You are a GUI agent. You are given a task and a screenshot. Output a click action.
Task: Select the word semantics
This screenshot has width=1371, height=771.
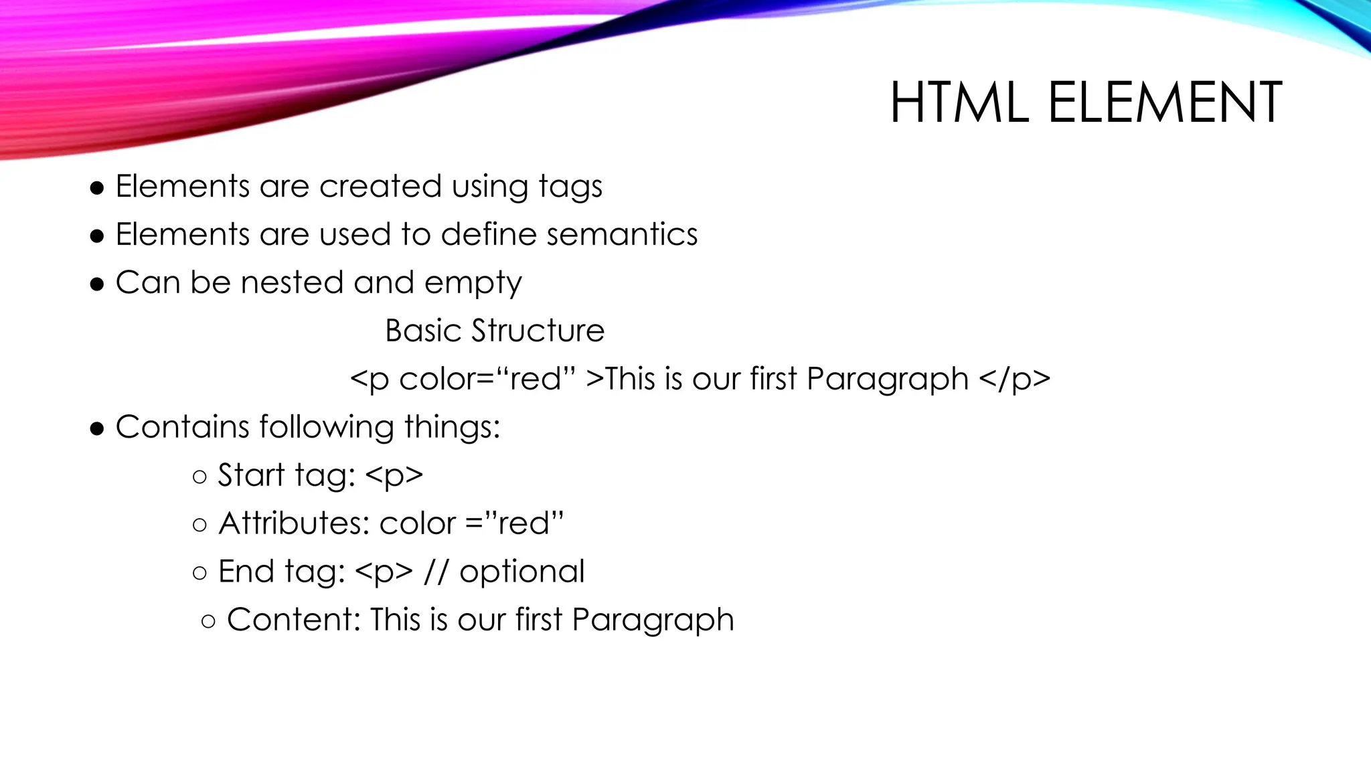click(x=622, y=234)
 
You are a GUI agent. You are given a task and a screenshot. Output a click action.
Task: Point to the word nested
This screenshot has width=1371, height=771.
click(x=292, y=282)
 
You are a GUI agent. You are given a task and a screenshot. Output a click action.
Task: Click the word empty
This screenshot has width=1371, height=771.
click(x=473, y=284)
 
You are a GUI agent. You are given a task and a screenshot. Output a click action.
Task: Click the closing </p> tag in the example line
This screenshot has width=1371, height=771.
click(x=1014, y=379)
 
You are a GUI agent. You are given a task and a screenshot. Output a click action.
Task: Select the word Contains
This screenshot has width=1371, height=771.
click(x=182, y=427)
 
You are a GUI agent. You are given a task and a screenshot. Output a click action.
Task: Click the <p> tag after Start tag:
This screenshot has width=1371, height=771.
click(x=394, y=476)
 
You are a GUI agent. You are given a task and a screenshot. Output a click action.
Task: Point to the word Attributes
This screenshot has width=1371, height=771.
click(x=294, y=523)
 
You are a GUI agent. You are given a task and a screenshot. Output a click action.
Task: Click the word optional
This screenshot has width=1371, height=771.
click(x=521, y=572)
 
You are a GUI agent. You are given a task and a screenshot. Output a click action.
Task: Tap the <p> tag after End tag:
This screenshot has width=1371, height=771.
click(x=384, y=572)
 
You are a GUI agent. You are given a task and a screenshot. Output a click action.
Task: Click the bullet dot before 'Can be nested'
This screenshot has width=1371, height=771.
click(x=98, y=284)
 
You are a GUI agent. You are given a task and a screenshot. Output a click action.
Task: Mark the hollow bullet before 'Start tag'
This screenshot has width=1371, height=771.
click(x=199, y=477)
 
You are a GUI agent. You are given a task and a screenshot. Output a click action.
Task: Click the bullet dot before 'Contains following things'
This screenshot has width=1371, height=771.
click(x=98, y=428)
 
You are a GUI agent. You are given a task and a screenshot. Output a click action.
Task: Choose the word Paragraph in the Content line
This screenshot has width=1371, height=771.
click(x=653, y=620)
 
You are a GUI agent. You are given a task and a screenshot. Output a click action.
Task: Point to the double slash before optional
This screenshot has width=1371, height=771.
click(x=436, y=572)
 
